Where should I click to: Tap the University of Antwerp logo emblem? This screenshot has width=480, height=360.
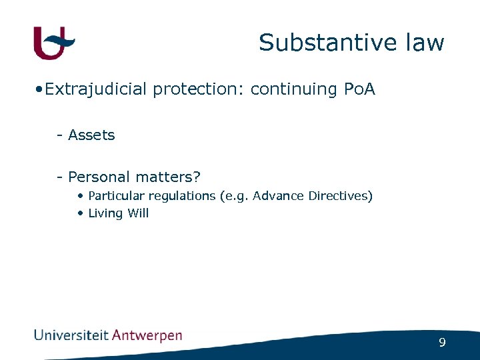coord(54,43)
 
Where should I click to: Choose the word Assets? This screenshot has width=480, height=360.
coord(91,135)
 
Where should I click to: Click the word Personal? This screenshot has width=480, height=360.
coord(99,177)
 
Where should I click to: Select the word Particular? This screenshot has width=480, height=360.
coord(117,196)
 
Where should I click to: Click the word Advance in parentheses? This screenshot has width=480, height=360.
coord(279,196)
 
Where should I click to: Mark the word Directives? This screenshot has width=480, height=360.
coord(339,196)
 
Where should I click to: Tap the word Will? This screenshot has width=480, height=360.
coord(138,213)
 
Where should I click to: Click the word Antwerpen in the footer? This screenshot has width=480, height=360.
coord(147,336)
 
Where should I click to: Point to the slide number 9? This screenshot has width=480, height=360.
coord(442,343)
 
